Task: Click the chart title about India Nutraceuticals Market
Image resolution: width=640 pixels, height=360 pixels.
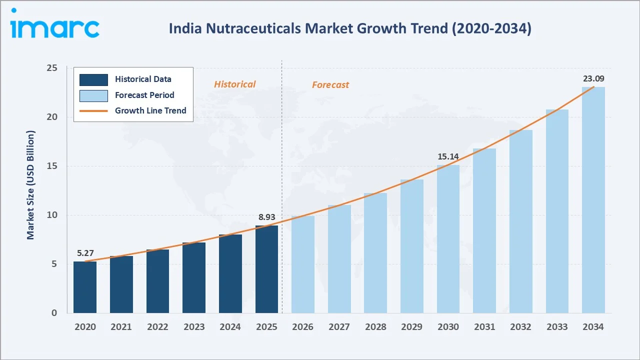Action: coord(349,28)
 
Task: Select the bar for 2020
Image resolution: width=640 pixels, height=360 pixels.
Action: coord(85,287)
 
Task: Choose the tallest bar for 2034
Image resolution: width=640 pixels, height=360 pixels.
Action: coord(593,200)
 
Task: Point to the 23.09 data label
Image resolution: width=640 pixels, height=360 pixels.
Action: coord(593,78)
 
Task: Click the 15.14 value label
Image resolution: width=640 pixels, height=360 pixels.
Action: coord(448,156)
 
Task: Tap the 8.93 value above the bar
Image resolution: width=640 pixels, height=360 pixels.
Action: coord(266,217)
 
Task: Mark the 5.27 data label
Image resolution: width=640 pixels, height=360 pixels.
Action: coord(85,253)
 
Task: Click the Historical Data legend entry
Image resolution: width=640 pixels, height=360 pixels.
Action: coord(143,79)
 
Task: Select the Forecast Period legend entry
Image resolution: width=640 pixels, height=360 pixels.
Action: coord(144,95)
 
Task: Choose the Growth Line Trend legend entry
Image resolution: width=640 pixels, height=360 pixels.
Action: coord(150,110)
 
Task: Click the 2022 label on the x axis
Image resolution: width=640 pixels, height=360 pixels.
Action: coord(157,327)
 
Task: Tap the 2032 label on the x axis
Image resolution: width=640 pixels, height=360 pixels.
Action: coord(520,327)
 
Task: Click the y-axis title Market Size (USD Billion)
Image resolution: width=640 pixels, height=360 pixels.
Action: coord(31,185)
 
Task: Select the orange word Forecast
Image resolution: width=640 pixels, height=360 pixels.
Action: coord(330,85)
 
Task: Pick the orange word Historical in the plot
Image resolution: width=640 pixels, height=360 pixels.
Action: coord(235,84)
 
